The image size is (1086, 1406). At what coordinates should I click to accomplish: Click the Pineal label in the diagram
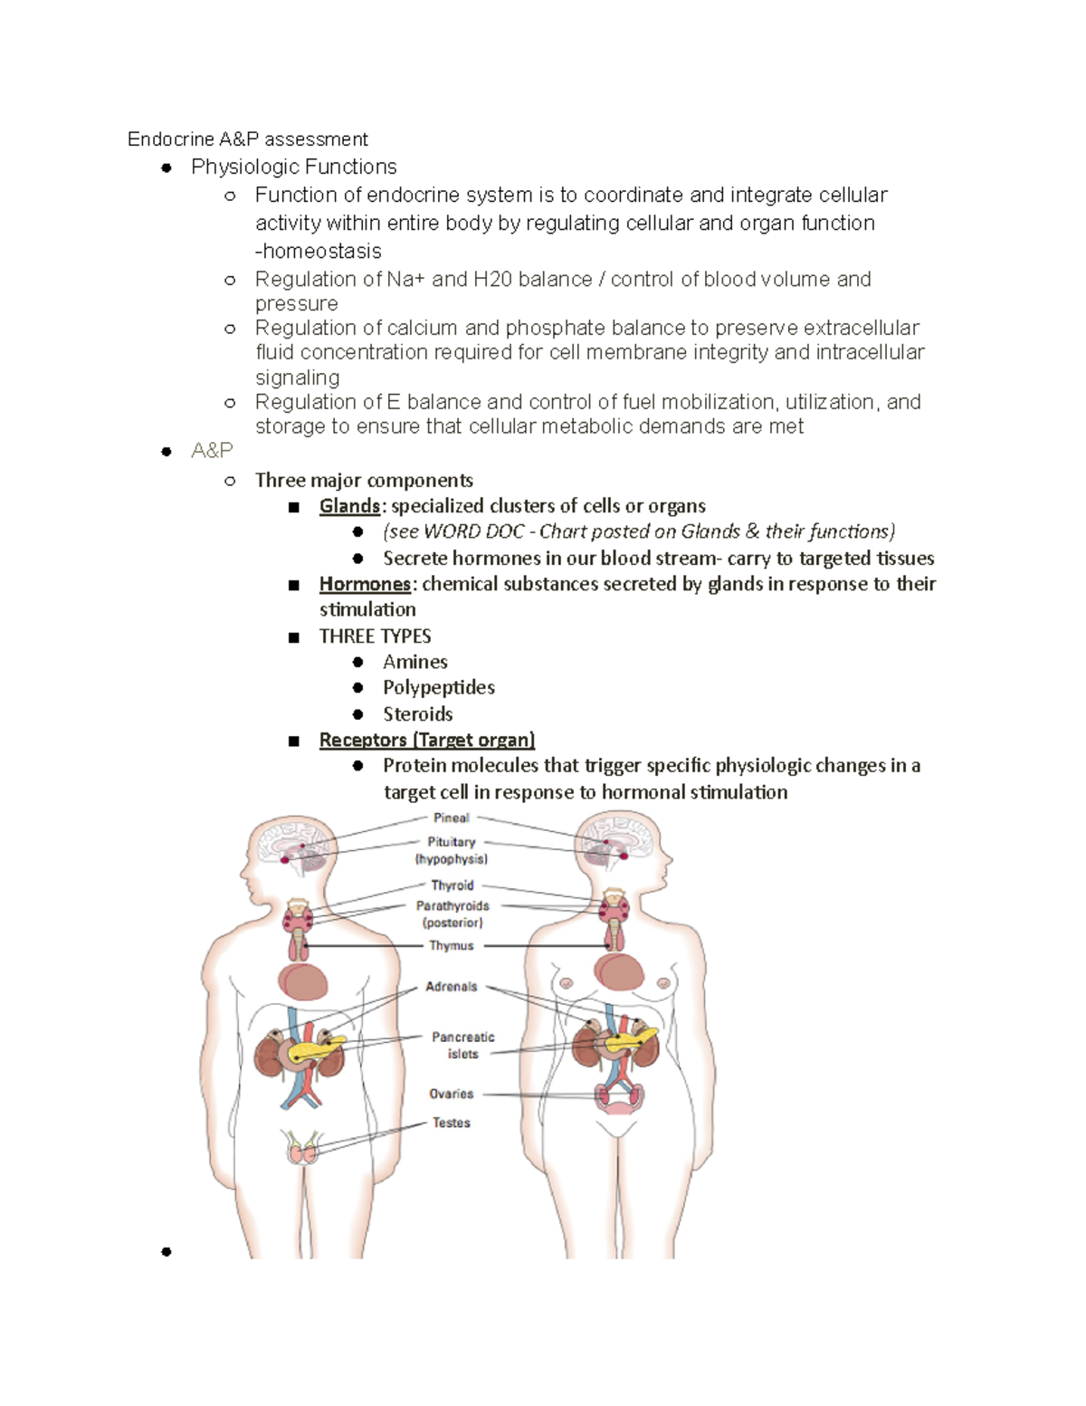pyautogui.click(x=451, y=818)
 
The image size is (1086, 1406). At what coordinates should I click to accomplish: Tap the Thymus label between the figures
pyautogui.click(x=451, y=946)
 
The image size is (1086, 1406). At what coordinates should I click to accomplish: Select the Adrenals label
pyautogui.click(x=451, y=987)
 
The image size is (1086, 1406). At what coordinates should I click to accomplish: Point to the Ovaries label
pyautogui.click(x=451, y=1094)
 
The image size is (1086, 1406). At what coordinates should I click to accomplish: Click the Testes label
pyautogui.click(x=451, y=1123)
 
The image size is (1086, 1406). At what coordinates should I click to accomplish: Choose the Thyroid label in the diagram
pyautogui.click(x=452, y=885)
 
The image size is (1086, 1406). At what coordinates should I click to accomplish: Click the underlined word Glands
pyautogui.click(x=349, y=506)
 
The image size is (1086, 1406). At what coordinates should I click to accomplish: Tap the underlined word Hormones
pyautogui.click(x=365, y=584)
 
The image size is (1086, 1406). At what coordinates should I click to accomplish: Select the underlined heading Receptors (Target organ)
pyautogui.click(x=426, y=740)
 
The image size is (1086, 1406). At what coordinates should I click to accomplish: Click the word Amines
pyautogui.click(x=414, y=662)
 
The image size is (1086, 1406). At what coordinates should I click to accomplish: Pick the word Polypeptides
pyautogui.click(x=438, y=687)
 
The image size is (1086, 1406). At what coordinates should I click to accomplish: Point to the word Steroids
pyautogui.click(x=417, y=713)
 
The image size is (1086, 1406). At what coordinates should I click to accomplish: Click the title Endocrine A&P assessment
pyautogui.click(x=247, y=139)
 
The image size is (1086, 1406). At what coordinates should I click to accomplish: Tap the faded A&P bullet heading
pyautogui.click(x=212, y=450)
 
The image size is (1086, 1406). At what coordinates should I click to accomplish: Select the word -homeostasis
pyautogui.click(x=318, y=251)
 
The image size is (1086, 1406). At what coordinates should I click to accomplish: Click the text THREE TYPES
pyautogui.click(x=375, y=636)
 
